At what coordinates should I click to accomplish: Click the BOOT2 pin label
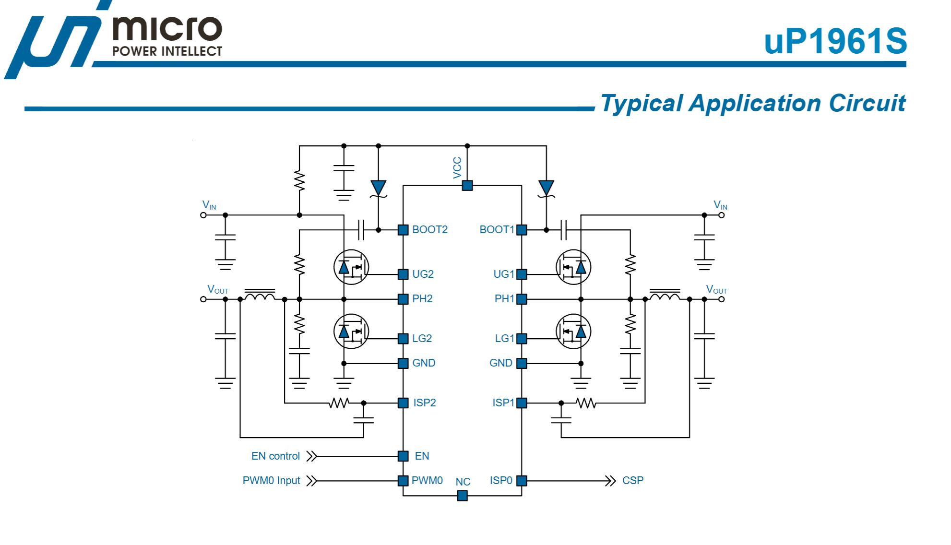(429, 230)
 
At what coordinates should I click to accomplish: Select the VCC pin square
(467, 185)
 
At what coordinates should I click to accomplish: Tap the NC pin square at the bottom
(462, 496)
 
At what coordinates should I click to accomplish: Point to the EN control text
(275, 456)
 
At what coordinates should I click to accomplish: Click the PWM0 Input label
(271, 481)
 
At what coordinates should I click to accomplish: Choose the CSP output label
(632, 481)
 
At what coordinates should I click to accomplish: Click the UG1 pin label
(503, 274)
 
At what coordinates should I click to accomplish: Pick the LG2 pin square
(403, 339)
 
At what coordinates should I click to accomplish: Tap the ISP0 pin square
(522, 481)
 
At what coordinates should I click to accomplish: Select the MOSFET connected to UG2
(351, 267)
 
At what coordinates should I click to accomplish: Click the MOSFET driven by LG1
(573, 332)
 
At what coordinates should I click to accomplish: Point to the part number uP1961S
(835, 41)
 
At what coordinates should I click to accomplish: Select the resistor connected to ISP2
(339, 403)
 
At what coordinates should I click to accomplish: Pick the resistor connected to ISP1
(586, 403)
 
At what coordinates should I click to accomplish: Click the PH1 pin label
(504, 299)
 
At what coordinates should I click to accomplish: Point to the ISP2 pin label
(425, 403)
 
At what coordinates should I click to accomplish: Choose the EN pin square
(403, 456)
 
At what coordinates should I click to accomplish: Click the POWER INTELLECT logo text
(167, 51)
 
